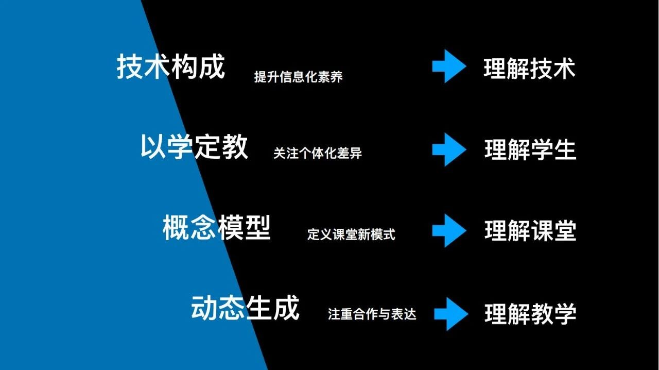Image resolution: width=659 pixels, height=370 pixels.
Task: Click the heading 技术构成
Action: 171,67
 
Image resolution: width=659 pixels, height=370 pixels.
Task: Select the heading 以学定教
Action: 194,147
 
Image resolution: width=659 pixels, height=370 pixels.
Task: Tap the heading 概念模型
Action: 217,228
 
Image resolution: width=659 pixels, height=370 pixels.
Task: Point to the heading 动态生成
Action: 245,309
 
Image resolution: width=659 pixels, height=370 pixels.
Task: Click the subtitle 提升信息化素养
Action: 298,77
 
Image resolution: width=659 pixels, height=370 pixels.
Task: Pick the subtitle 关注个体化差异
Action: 318,153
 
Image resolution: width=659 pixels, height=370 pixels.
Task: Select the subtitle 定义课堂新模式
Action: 351,234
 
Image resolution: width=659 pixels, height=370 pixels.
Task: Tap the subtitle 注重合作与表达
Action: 372,314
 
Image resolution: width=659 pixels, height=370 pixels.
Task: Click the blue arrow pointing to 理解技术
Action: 449,67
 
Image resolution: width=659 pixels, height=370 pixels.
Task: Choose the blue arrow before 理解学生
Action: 449,149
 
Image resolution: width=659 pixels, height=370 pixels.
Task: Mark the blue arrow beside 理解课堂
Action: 449,230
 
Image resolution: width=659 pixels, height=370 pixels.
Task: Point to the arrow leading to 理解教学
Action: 450,313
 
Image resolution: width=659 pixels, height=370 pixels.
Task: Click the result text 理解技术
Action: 529,69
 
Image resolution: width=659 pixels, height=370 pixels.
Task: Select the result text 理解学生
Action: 530,150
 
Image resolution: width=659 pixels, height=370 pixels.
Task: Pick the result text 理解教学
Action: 530,314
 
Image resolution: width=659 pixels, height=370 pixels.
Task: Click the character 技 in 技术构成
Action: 130,67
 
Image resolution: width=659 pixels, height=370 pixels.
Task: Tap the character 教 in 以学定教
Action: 235,147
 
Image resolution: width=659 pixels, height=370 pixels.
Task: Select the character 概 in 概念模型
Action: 176,228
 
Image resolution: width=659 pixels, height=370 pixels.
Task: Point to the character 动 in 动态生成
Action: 204,309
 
